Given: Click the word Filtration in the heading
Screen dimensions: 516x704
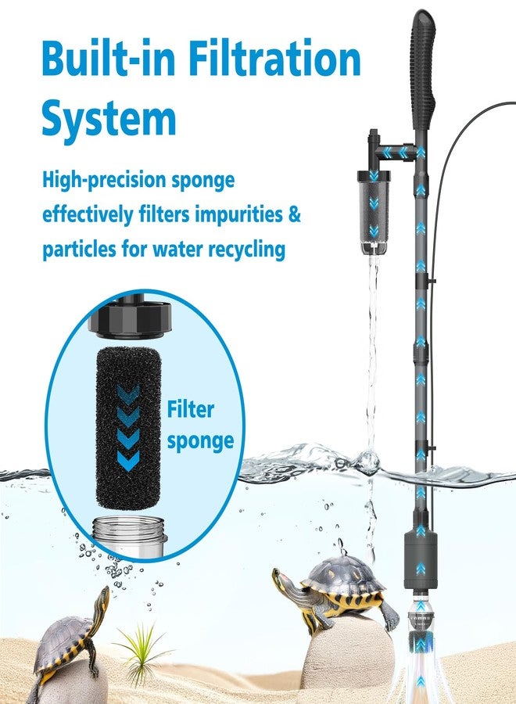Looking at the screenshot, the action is tap(274, 58).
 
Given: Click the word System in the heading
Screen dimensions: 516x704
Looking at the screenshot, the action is tap(109, 118).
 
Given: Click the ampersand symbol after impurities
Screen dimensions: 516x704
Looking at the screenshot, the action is tap(294, 214).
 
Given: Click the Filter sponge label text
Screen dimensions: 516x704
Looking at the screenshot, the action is tap(200, 425).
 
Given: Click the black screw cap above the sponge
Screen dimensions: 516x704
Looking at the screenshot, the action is tap(130, 320).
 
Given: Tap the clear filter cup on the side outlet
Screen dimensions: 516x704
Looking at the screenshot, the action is tap(373, 211).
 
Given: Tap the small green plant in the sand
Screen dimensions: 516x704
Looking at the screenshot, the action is tap(142, 652).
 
